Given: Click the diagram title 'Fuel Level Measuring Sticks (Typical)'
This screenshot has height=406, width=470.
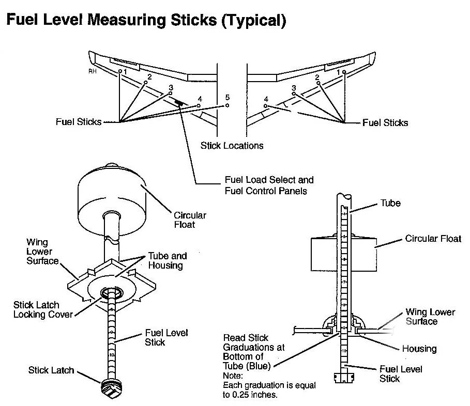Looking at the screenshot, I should (145, 21).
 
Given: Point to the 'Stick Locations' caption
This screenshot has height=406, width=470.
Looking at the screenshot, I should (232, 146).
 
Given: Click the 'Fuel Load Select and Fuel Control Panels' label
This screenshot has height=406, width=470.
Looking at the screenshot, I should (269, 185).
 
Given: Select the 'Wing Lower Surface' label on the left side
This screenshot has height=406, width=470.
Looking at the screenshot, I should (42, 252).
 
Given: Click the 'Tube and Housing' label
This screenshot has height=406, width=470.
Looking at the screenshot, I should (167, 260).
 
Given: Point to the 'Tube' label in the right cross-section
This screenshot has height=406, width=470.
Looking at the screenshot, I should (390, 203).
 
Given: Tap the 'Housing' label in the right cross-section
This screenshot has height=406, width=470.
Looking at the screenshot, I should (419, 349).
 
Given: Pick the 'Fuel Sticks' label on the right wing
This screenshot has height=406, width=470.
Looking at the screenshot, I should (385, 122).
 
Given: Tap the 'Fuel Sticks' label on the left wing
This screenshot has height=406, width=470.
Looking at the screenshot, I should (78, 122).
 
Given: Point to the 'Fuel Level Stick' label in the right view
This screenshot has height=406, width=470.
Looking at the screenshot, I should (401, 373).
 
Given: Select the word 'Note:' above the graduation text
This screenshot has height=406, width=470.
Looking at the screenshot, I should (233, 376).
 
